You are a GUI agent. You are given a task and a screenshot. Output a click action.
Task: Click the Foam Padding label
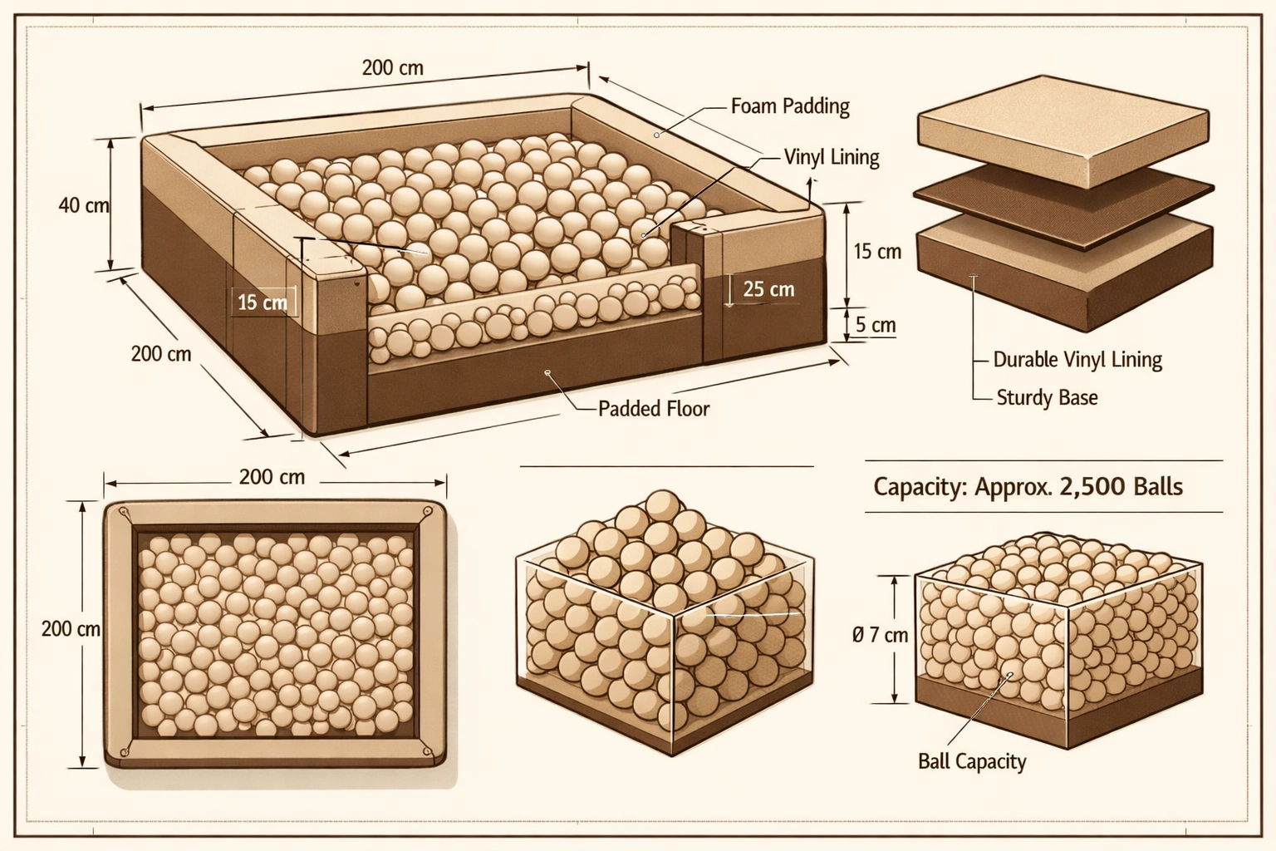(x=789, y=106)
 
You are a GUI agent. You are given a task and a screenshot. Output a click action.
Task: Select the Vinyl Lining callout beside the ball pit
(x=831, y=157)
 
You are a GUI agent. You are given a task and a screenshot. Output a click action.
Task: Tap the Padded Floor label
(x=654, y=408)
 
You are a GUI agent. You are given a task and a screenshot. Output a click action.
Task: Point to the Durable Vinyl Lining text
(x=1077, y=360)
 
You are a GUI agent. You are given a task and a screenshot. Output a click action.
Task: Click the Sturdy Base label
(x=1047, y=397)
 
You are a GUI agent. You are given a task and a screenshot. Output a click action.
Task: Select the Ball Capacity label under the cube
(x=971, y=761)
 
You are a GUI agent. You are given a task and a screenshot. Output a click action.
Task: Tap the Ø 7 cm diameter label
(x=880, y=636)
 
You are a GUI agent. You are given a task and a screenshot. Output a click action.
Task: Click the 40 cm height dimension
(x=83, y=204)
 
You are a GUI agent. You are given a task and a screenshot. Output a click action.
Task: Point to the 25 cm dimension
(x=768, y=289)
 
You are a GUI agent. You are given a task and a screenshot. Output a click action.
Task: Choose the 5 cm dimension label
(x=876, y=325)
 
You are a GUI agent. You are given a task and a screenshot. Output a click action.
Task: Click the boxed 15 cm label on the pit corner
(x=263, y=303)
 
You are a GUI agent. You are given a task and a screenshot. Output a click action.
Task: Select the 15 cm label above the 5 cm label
(x=877, y=251)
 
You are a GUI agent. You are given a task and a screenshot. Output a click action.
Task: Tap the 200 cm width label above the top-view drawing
(x=272, y=477)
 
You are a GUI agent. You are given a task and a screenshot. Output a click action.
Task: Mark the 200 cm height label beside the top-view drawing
(x=70, y=629)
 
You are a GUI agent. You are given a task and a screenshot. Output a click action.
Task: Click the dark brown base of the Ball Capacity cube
(x=1055, y=711)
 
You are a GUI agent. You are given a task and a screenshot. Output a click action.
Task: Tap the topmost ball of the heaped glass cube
(x=662, y=504)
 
